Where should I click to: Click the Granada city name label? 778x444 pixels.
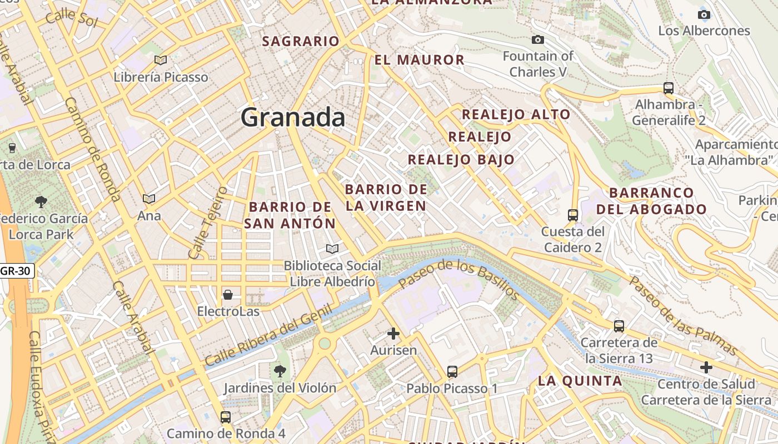point(293,118)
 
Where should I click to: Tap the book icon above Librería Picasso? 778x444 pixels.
point(161,60)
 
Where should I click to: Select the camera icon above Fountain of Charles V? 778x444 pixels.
point(537,39)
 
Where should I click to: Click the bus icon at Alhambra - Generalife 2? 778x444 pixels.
point(669,88)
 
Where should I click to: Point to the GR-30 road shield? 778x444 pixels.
point(17,271)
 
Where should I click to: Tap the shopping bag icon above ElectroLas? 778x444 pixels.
point(228,294)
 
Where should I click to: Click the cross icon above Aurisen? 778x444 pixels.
point(393,334)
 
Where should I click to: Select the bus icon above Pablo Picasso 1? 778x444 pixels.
point(452,371)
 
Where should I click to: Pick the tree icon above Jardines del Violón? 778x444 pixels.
point(280,370)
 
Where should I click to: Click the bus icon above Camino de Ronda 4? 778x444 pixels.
point(225,417)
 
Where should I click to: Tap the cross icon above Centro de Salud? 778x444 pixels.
point(706,367)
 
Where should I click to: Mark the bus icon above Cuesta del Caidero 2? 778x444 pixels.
point(573,215)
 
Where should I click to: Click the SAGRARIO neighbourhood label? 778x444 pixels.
point(300,41)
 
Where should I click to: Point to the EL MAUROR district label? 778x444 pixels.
point(419,60)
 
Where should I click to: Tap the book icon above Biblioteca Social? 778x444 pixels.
point(332,249)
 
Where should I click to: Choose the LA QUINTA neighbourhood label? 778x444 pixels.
point(580,381)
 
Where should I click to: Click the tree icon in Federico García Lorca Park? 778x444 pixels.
point(41,201)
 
